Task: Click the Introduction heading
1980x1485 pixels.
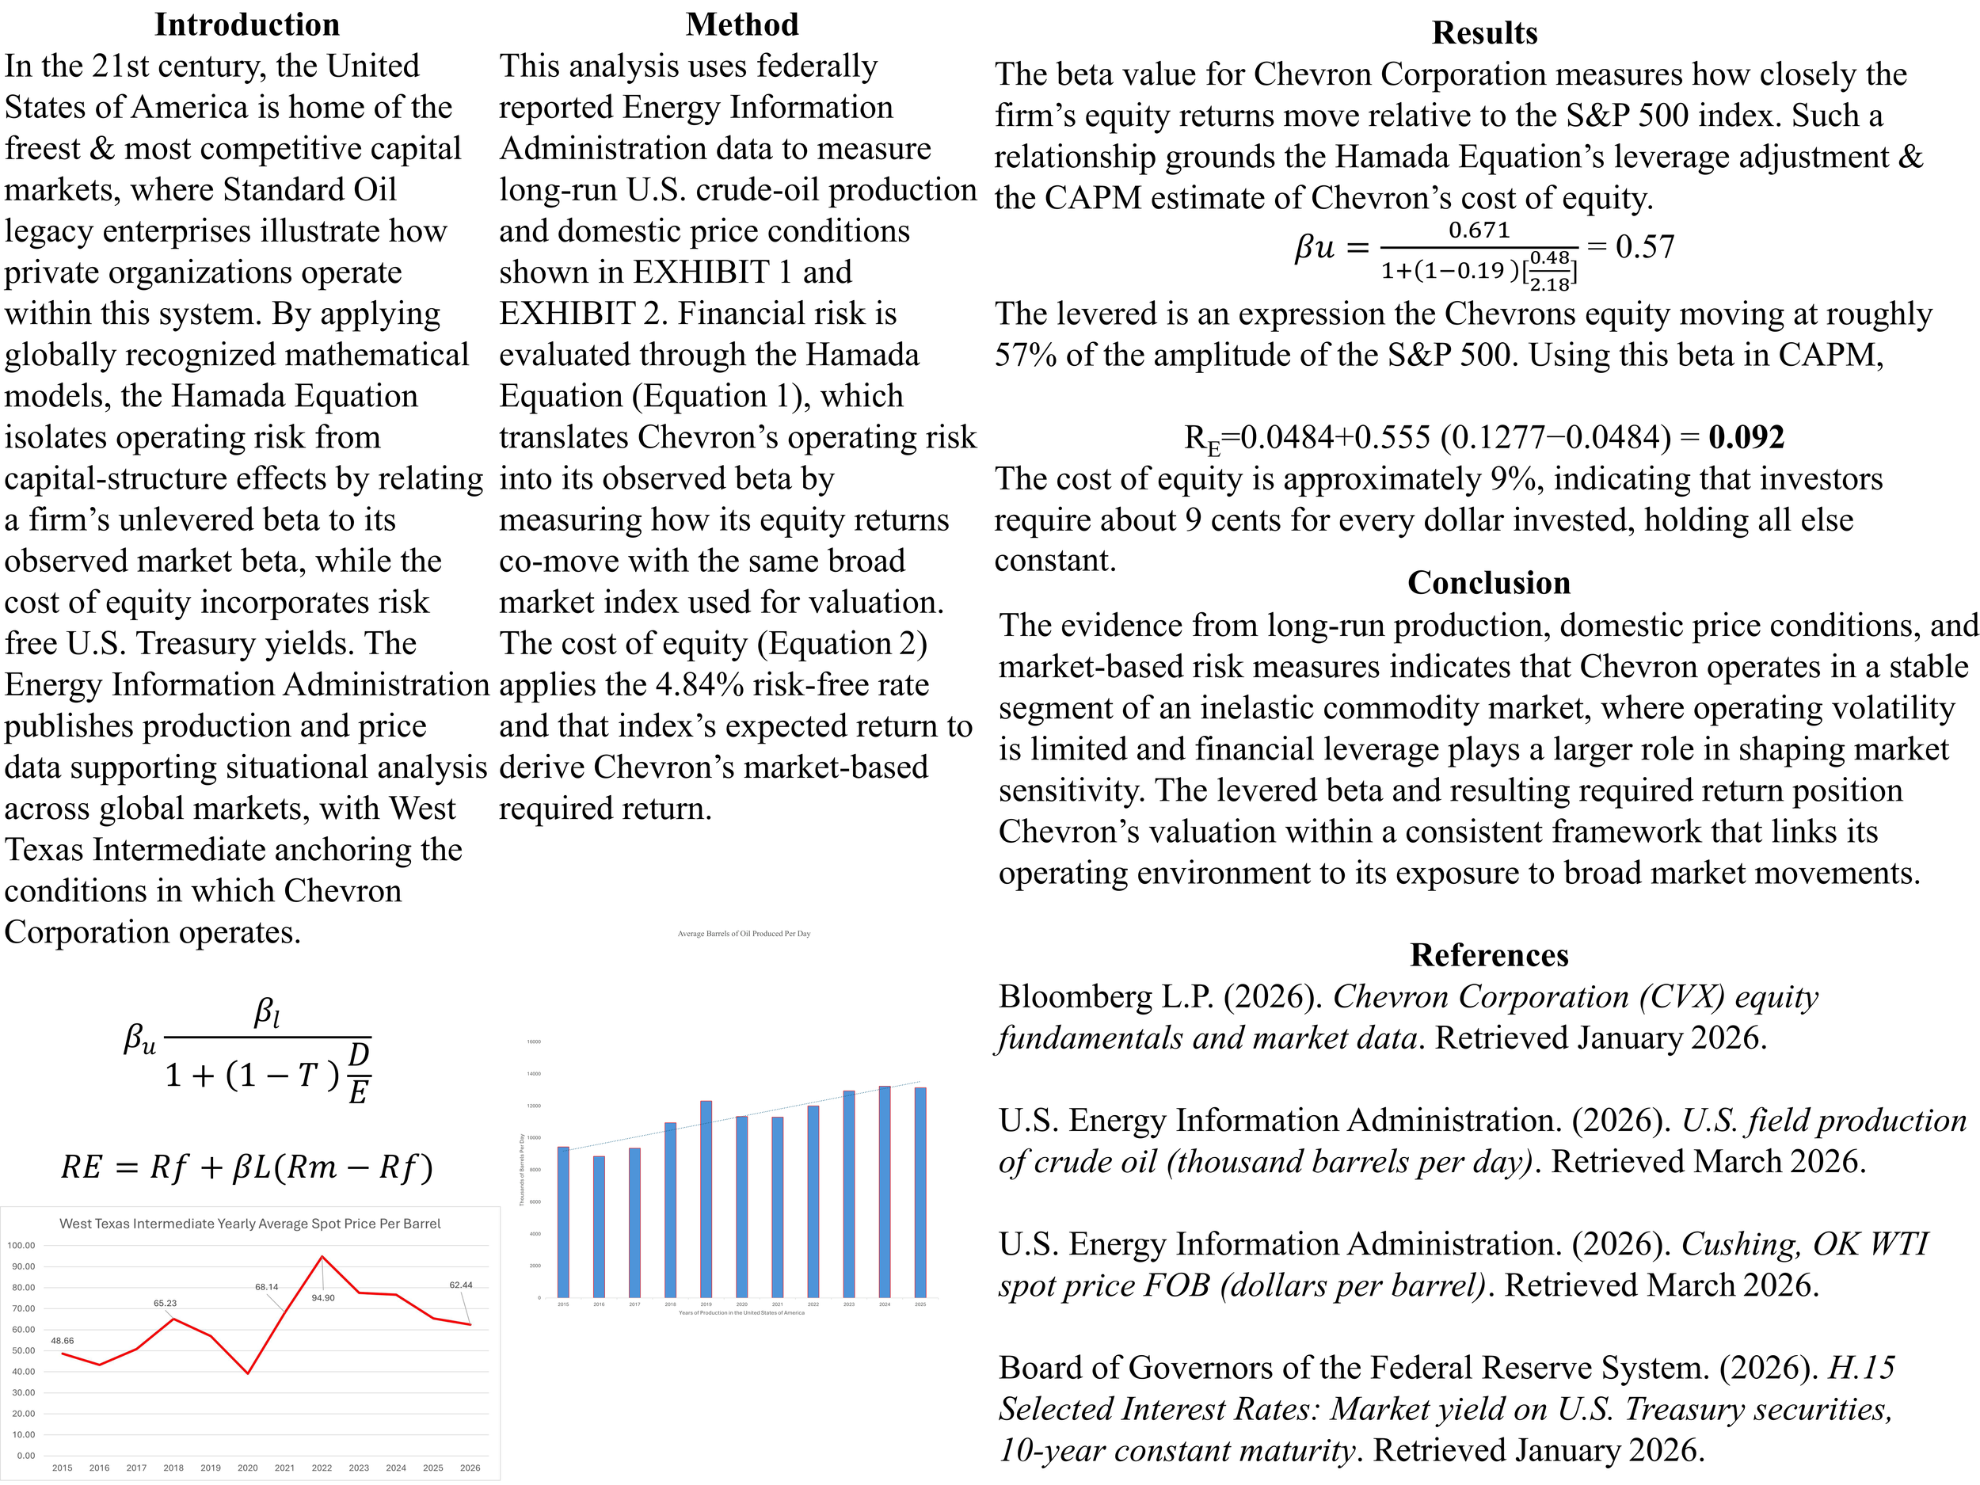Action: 247,25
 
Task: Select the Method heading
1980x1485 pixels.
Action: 742,25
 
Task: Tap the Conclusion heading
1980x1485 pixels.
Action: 1489,583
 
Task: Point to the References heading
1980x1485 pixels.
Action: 1489,955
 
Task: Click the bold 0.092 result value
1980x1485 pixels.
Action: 1746,437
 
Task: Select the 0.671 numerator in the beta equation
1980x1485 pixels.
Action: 1479,230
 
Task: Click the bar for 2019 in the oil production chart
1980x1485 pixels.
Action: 706,1199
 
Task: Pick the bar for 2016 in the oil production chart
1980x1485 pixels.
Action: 599,1226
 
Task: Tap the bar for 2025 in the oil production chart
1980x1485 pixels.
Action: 920,1192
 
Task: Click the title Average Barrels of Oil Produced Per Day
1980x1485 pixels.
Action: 744,934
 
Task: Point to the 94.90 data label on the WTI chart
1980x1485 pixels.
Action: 323,1298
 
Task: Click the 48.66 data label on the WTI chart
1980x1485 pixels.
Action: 63,1341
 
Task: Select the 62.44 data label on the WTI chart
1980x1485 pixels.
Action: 461,1285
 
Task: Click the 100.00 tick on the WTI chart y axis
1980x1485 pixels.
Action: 21,1245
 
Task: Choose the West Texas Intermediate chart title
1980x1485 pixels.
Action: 249,1224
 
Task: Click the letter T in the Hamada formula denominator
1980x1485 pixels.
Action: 307,1074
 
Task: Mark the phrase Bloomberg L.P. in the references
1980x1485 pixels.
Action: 1072,996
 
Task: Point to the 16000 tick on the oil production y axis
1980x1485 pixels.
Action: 534,1042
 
